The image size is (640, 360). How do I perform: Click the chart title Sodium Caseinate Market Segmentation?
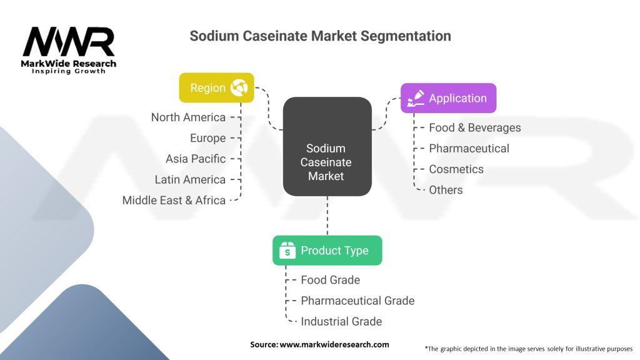click(320, 36)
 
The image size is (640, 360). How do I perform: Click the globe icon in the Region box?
click(239, 87)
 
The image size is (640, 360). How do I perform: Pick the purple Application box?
click(448, 98)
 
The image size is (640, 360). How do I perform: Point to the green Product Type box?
click(327, 251)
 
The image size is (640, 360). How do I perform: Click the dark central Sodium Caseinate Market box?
click(327, 162)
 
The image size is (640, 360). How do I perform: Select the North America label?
click(188, 117)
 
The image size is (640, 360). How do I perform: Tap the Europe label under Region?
click(207, 138)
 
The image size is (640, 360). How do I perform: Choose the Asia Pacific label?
click(196, 159)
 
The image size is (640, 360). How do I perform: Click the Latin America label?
click(190, 179)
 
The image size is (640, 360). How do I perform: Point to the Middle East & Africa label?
click(174, 201)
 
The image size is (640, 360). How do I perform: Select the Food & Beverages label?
click(474, 127)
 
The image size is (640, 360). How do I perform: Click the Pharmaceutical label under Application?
click(469, 148)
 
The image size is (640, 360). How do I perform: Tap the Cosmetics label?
click(456, 169)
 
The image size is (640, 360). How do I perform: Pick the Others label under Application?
click(446, 190)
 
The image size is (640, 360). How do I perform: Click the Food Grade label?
click(330, 280)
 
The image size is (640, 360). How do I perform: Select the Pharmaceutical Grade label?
click(357, 301)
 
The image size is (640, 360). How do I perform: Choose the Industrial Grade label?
click(341, 321)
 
